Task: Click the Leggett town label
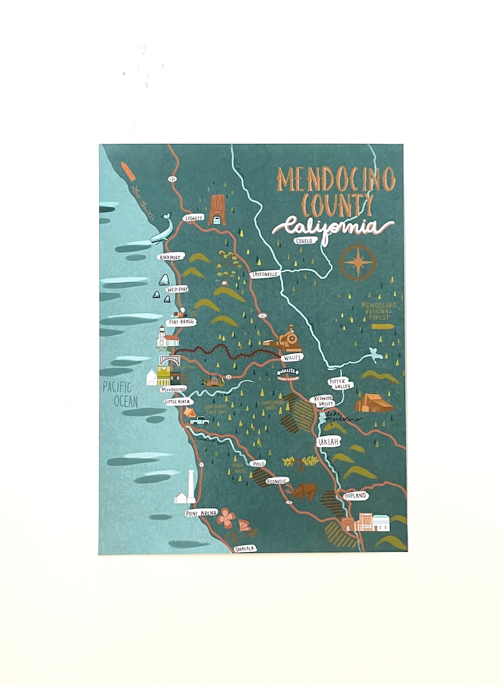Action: click(x=193, y=217)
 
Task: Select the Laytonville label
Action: click(x=264, y=275)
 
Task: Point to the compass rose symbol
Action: click(x=358, y=261)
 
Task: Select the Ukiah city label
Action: click(x=327, y=441)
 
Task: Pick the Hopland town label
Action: click(x=355, y=496)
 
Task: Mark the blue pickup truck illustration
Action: click(x=199, y=420)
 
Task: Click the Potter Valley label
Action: click(x=341, y=384)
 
